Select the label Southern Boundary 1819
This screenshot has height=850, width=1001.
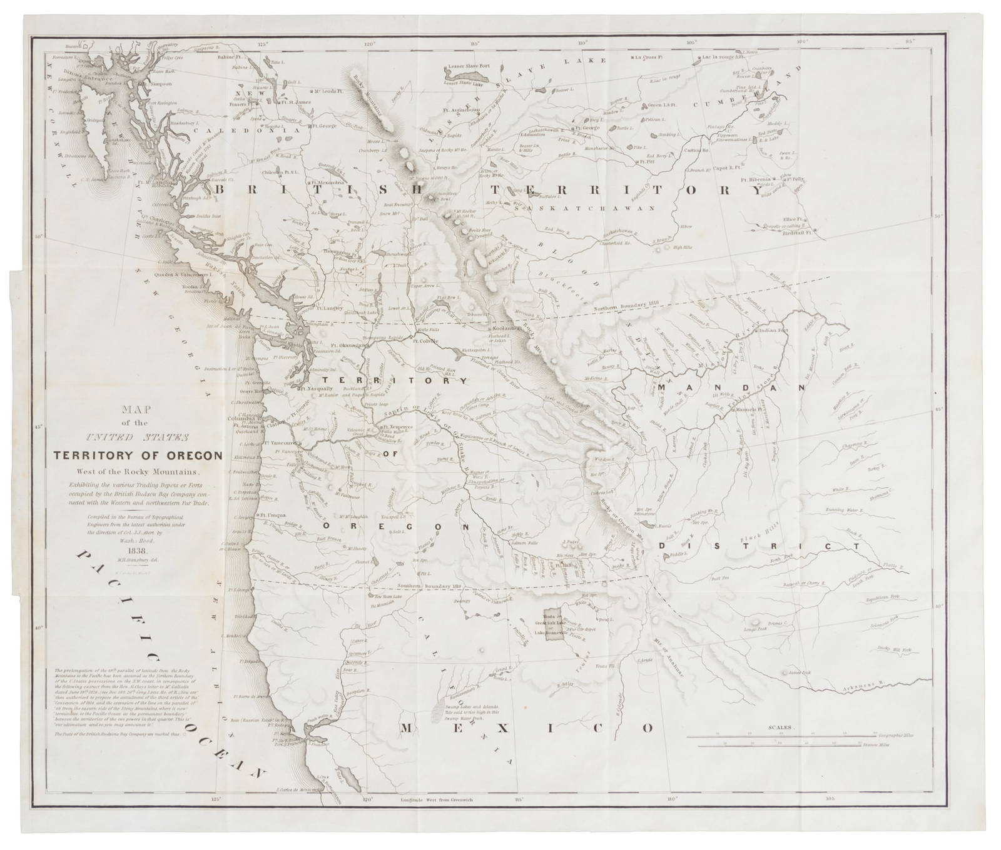(x=426, y=585)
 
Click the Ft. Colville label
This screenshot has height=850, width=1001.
(x=424, y=341)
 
